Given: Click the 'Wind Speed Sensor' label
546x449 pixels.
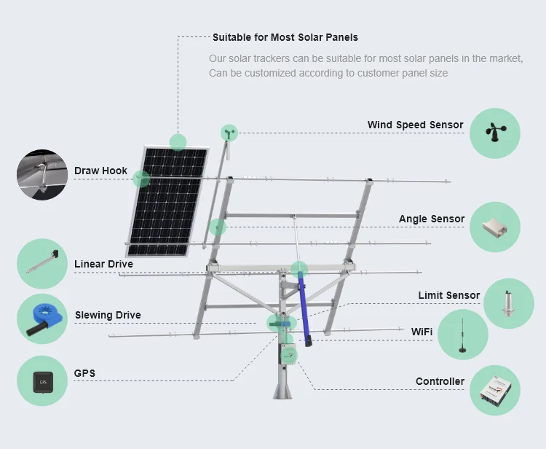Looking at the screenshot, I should coord(415,125).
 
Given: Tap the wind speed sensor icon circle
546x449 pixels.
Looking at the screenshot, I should coord(495,133).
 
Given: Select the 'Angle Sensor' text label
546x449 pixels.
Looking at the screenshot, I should coord(431,219).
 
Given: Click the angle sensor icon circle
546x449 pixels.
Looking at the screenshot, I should coord(495,227).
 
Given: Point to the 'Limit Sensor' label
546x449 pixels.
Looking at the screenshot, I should coord(448,295).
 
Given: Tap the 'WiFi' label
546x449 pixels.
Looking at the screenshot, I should coord(422,332).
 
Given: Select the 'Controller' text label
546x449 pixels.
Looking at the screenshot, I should coord(440,381).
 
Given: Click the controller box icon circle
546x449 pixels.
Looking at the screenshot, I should coord(495,391).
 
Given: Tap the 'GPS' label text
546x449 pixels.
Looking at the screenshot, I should coord(84,374).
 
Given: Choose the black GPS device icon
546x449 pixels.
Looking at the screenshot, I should coord(42,380).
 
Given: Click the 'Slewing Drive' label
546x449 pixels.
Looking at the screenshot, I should coord(108,316).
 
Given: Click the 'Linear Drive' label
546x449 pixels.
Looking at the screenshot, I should coord(103,264).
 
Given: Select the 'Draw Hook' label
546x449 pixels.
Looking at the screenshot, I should coord(100,171).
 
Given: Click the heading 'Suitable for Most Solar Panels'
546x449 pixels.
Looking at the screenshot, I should coord(285,37).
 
